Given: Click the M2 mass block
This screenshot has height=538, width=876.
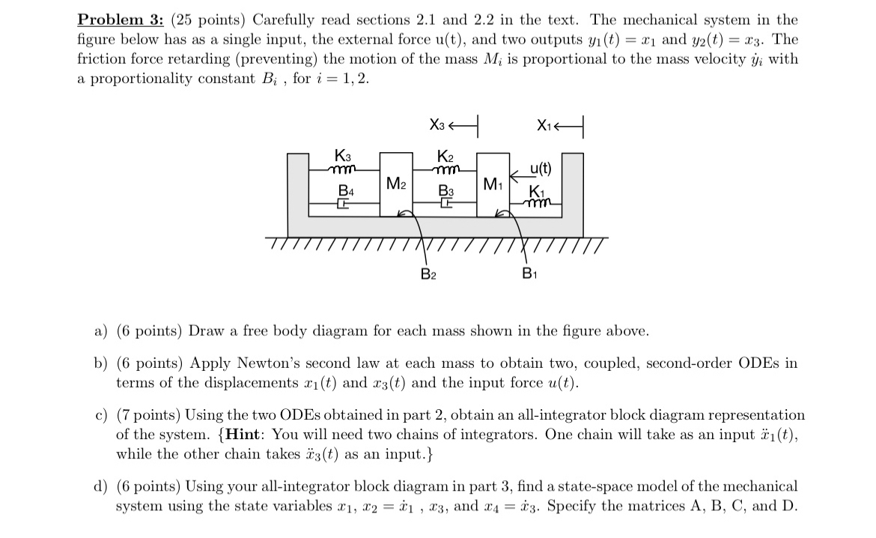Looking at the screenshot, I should [398, 184].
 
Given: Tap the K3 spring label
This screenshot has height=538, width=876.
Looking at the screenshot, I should [342, 157].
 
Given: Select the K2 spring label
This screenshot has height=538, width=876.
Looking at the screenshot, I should [445, 157].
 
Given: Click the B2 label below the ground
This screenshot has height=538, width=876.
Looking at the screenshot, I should [427, 273].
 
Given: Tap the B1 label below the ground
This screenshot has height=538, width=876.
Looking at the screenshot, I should [529, 273].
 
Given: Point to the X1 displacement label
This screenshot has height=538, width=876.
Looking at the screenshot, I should [546, 126].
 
